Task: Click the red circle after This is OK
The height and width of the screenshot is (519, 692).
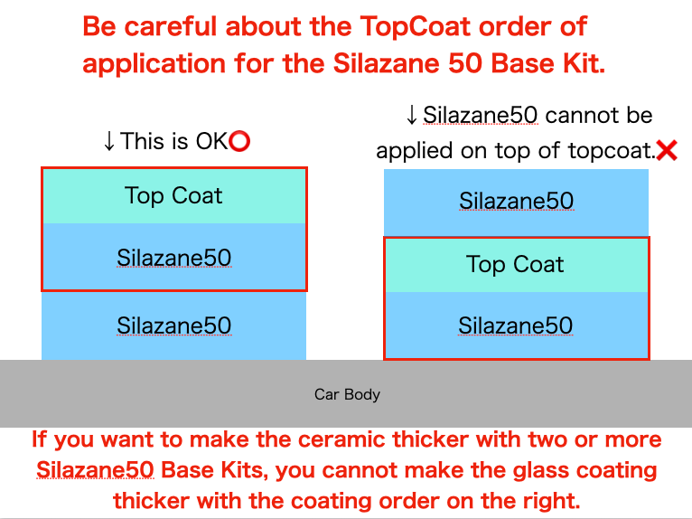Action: click(x=239, y=141)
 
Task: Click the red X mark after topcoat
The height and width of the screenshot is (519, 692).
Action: click(x=667, y=150)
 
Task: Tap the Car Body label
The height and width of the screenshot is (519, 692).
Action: click(x=347, y=394)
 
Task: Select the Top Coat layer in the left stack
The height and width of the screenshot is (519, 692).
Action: click(x=173, y=195)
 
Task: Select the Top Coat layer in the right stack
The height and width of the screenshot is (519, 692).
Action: click(x=516, y=265)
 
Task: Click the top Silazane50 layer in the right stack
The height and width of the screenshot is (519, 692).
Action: click(x=516, y=203)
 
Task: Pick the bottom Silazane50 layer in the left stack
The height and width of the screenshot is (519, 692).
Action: click(x=173, y=326)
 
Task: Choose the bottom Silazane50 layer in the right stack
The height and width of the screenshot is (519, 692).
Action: click(x=516, y=326)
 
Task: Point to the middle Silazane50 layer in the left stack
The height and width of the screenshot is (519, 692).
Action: click(x=173, y=257)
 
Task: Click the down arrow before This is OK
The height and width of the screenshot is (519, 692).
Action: click(x=108, y=141)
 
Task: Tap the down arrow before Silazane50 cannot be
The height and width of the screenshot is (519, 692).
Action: click(x=411, y=116)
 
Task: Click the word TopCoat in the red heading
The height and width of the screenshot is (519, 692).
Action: click(x=416, y=27)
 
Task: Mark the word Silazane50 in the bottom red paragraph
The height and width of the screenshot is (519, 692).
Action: click(x=95, y=470)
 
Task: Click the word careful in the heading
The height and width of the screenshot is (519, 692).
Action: click(x=171, y=26)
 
